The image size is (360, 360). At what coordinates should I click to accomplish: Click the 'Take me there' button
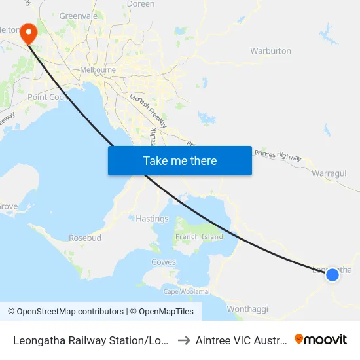point(179,160)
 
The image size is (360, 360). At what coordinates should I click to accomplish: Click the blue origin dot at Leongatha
point(333,274)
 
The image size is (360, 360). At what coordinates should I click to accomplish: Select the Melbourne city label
point(98,70)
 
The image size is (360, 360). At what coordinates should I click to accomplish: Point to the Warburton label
point(270,51)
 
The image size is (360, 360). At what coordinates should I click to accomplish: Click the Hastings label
point(152,219)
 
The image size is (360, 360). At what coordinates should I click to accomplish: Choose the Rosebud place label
point(85,238)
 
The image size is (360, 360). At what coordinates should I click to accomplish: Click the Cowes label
point(164,262)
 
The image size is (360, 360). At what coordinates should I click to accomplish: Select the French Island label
point(200,237)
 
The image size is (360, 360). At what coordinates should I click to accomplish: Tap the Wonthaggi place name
point(247,308)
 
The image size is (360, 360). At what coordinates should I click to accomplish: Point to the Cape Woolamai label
point(187,291)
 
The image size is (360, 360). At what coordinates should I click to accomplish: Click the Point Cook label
point(45,97)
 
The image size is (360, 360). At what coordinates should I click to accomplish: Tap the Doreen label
point(141,4)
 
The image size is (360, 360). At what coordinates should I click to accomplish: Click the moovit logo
point(321,340)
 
